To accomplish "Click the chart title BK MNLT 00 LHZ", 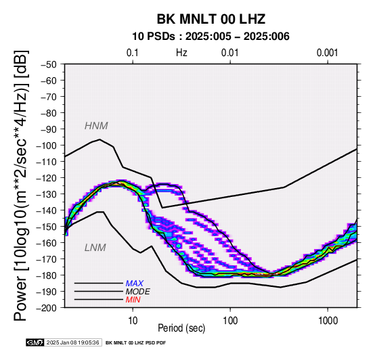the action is [211, 19].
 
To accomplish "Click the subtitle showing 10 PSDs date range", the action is [211, 37].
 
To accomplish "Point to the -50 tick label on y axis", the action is [48, 64].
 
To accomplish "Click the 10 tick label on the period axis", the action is [133, 321].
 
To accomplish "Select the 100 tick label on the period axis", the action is [230, 321].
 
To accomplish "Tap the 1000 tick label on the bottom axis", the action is [328, 321].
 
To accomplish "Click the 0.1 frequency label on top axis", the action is [133, 53].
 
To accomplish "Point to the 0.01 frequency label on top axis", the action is [230, 53].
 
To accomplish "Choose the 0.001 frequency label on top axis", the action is [327, 53].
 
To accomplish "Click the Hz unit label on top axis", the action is [181, 53].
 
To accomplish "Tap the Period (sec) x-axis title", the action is [181, 328].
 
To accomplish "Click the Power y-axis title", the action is [20, 185].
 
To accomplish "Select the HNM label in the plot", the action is [96, 126].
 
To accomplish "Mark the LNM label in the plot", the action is [95, 248].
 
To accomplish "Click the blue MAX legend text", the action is [135, 284].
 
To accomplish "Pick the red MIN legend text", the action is [133, 300].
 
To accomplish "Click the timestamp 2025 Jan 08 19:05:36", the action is [72, 342].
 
